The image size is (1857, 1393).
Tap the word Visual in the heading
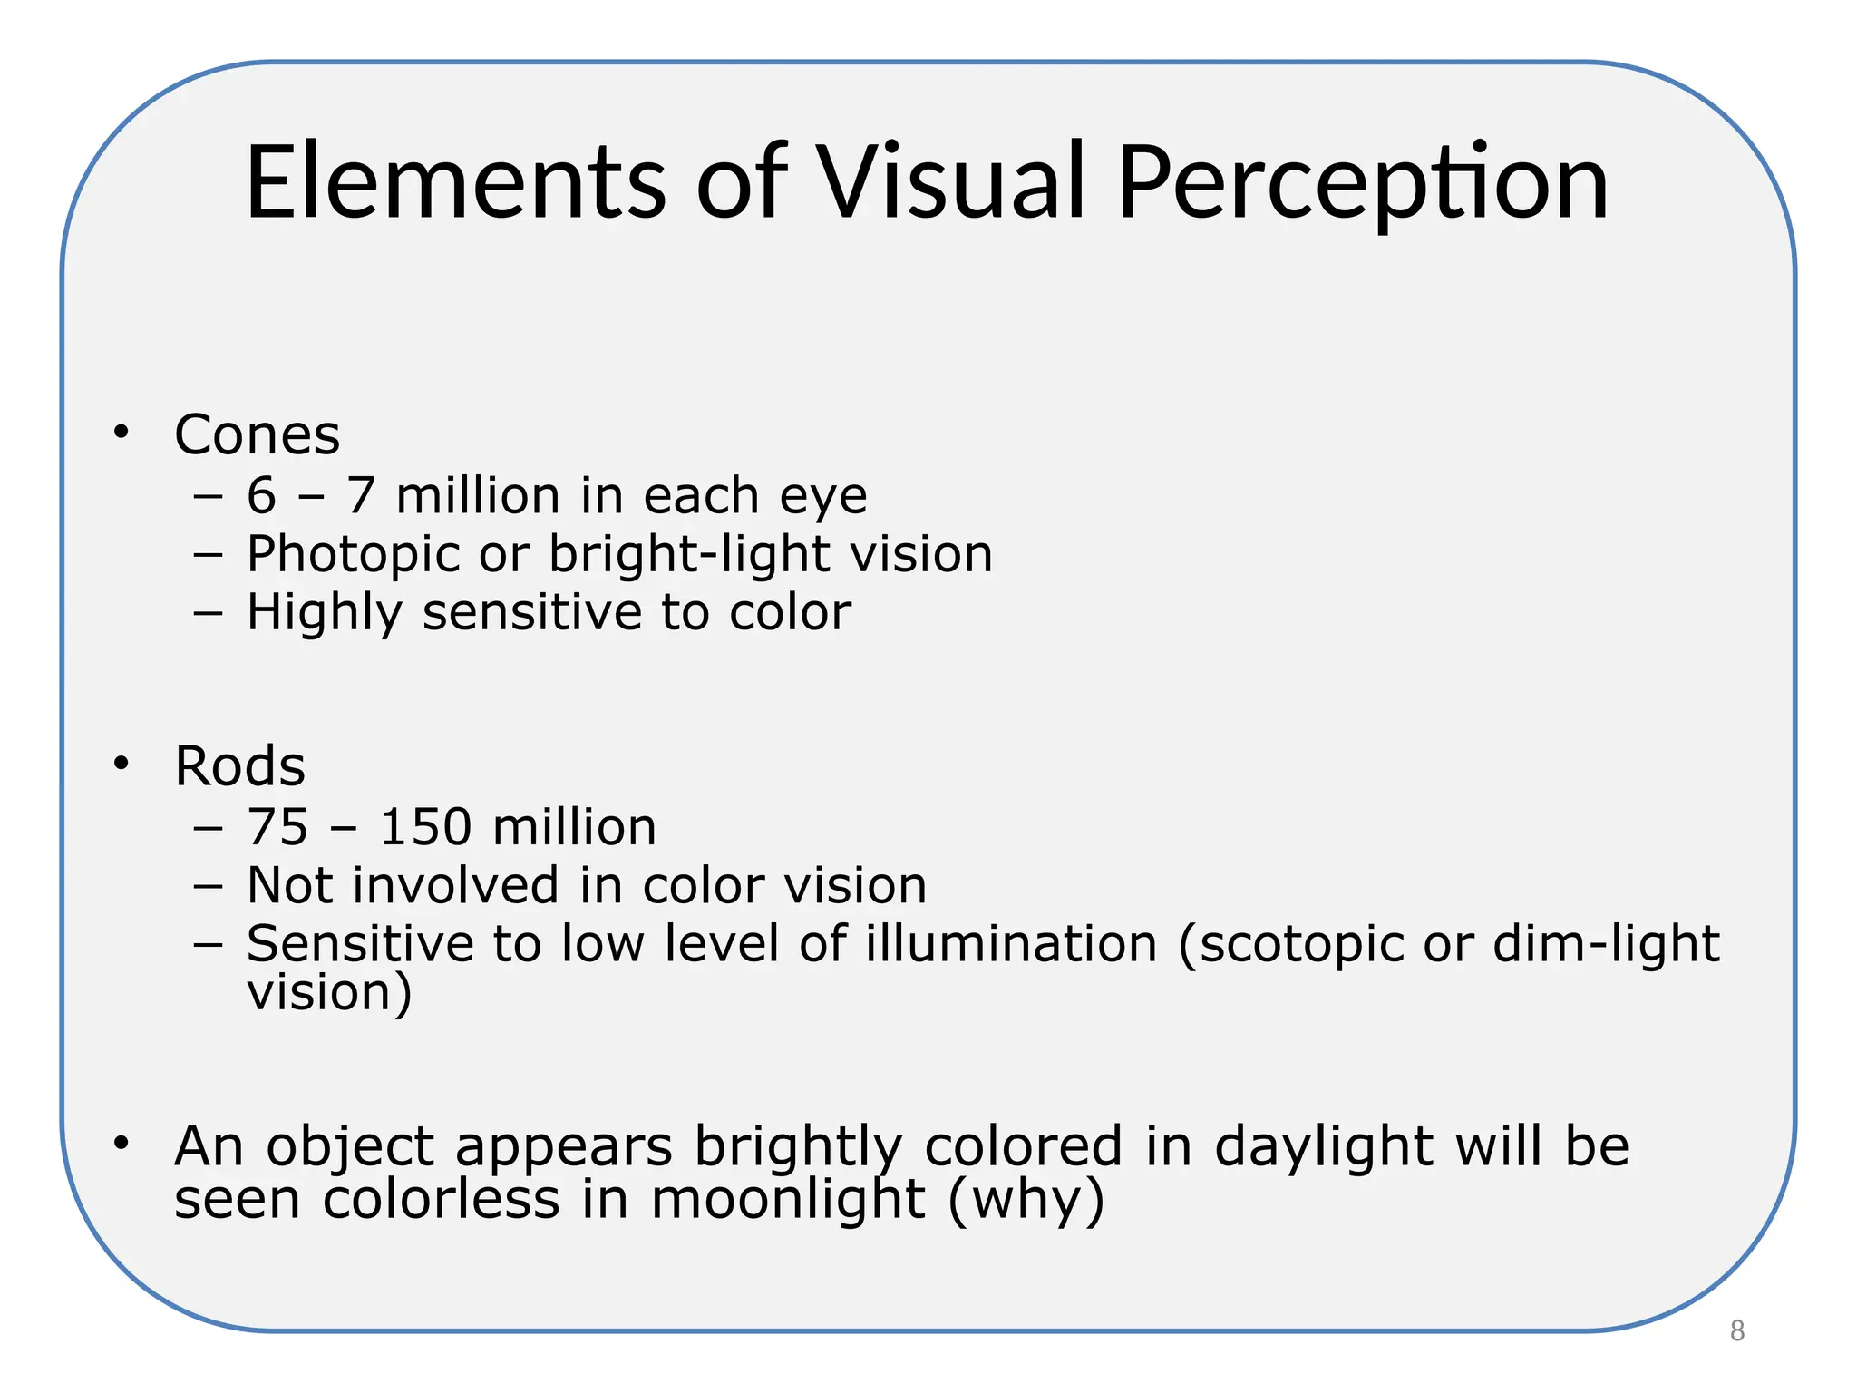tap(951, 182)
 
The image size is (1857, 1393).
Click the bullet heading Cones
tap(257, 434)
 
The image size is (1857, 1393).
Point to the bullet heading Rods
tap(239, 766)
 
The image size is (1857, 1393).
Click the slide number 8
tap(1736, 1330)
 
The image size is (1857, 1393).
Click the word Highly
tap(325, 614)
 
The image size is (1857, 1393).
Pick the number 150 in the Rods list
tap(426, 827)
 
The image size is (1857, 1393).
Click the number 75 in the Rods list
tap(277, 827)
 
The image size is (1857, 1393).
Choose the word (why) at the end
tap(1026, 1202)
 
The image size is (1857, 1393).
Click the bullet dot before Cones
tap(122, 432)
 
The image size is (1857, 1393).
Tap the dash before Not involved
tap(208, 885)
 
